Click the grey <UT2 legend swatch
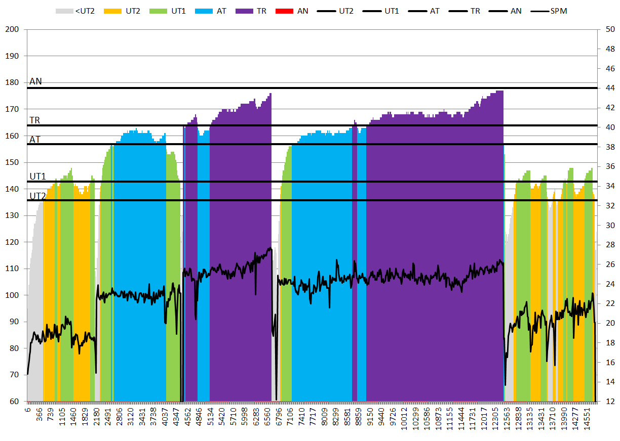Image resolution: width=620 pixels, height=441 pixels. [64, 10]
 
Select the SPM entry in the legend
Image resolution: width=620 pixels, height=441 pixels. [556, 10]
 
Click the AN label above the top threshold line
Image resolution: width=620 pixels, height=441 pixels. [35, 81]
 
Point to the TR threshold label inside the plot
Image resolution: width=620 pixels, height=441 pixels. [35, 120]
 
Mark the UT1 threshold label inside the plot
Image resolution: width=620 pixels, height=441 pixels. [37, 177]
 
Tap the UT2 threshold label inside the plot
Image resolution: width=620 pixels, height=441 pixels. [37, 196]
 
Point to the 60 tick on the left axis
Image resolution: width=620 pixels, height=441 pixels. [13, 402]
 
